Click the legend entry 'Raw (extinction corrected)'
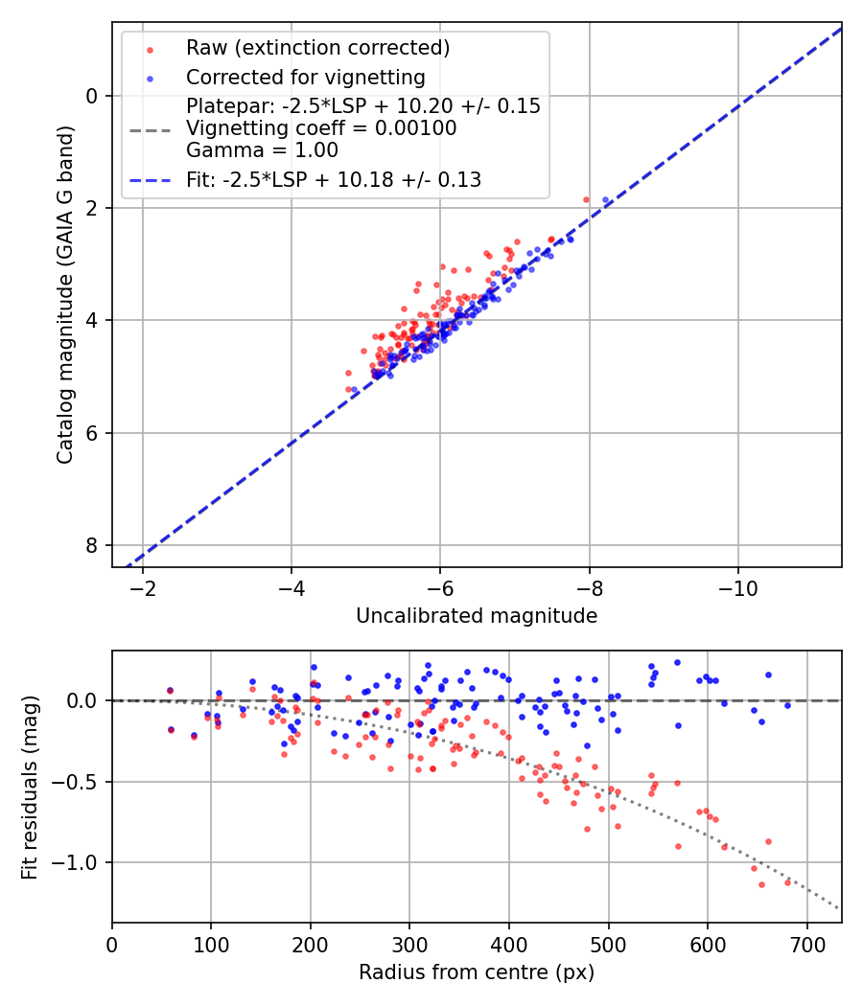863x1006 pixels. [x=317, y=48]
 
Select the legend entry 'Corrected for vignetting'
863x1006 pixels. [x=305, y=77]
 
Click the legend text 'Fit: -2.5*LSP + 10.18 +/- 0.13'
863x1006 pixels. [x=334, y=179]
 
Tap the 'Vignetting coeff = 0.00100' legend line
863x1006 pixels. [x=321, y=128]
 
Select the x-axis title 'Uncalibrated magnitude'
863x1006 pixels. [x=477, y=616]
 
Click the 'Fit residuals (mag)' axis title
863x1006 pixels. [x=30, y=788]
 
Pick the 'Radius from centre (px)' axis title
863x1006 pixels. [x=477, y=972]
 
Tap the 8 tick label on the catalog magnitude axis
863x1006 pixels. [x=92, y=545]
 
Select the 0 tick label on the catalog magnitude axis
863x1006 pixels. [x=92, y=96]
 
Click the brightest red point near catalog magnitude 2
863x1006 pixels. [x=586, y=199]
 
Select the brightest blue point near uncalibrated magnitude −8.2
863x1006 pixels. [x=605, y=200]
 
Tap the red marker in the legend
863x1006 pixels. [x=150, y=48]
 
